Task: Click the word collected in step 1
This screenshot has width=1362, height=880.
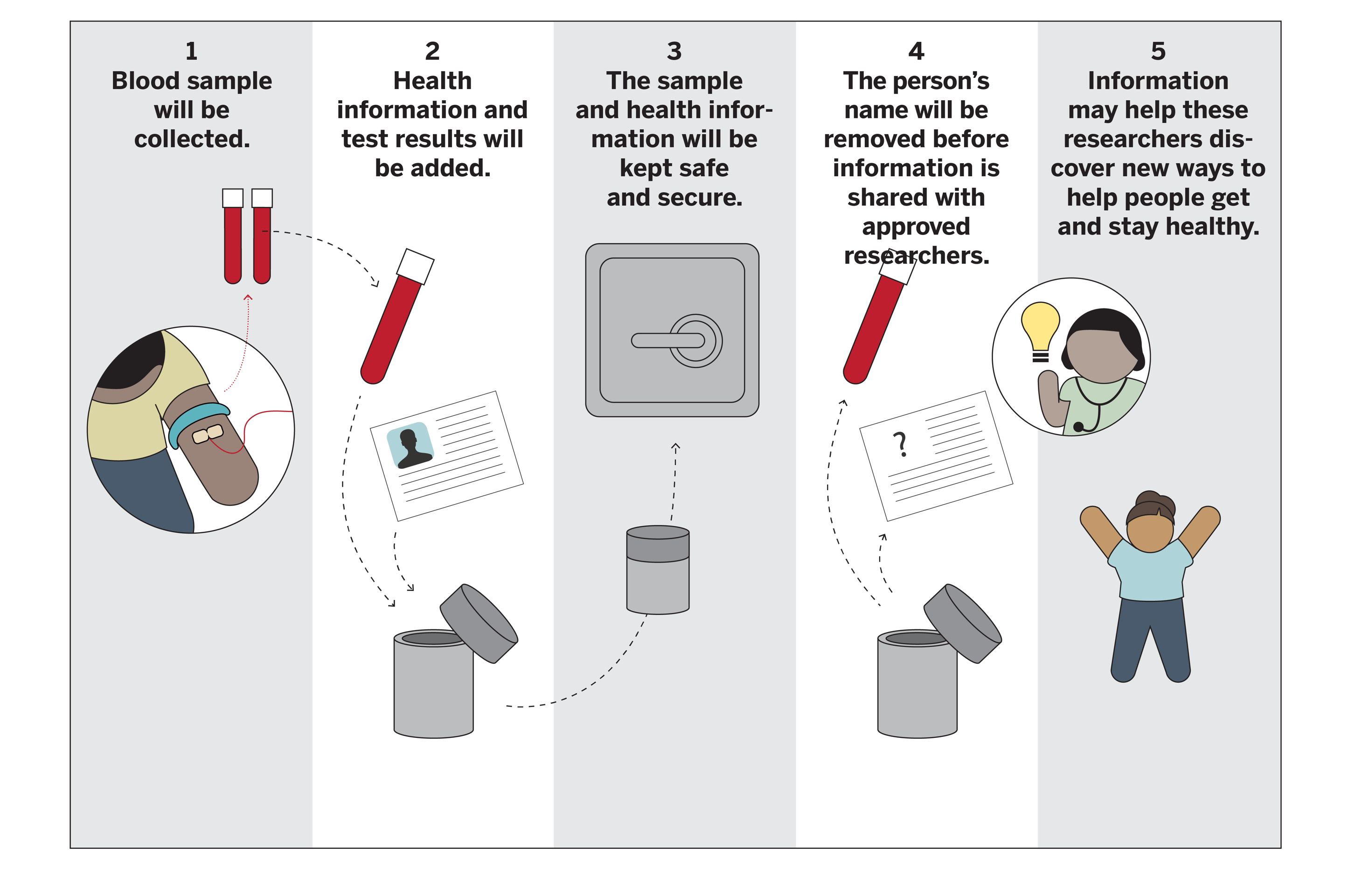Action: coord(192,139)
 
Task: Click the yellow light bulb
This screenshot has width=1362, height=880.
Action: coord(1040,326)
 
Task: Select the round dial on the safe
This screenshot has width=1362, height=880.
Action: coord(696,341)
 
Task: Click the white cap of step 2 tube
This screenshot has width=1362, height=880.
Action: coord(416,266)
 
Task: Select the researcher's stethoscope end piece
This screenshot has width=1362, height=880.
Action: coord(1078,426)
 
